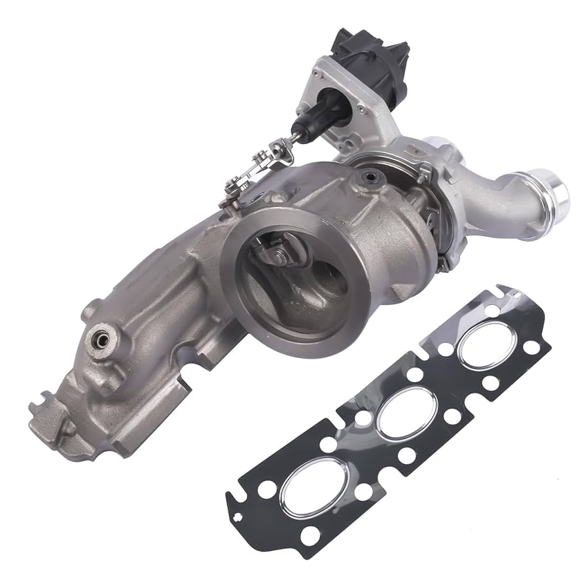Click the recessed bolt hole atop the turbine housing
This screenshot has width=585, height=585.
(370, 177)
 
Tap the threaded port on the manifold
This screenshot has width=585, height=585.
(100, 339)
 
